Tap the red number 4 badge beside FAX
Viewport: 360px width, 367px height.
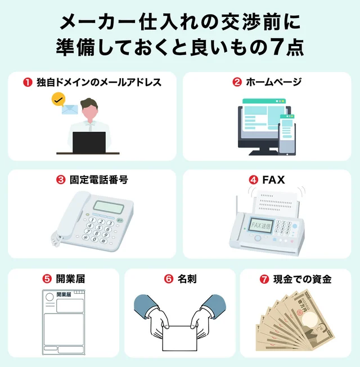click(253, 180)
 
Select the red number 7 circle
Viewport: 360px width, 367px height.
click(264, 279)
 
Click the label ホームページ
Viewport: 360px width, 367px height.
click(274, 82)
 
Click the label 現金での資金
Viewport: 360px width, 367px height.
click(303, 279)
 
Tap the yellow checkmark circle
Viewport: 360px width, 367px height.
click(57, 100)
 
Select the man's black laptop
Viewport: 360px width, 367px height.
click(89, 142)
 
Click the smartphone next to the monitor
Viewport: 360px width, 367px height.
click(287, 133)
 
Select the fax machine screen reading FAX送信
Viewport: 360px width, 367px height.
click(262, 225)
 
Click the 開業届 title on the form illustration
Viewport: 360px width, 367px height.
click(64, 294)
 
